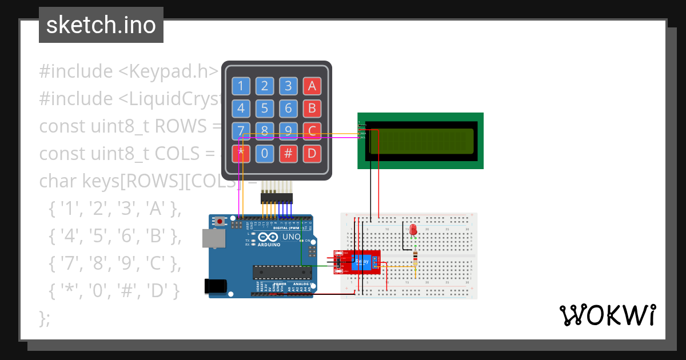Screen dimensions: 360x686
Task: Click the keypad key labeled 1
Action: [x=240, y=86]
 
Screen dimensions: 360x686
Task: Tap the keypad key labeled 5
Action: [x=264, y=109]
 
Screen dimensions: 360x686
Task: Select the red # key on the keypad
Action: [x=289, y=153]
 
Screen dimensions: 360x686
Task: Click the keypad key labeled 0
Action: [x=264, y=153]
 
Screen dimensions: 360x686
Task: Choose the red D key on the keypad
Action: [x=312, y=153]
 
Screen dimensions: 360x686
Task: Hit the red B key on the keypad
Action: [x=312, y=109]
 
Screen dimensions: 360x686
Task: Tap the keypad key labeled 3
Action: [x=289, y=86]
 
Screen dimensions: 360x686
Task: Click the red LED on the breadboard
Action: [x=413, y=230]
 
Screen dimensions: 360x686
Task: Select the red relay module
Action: [x=357, y=263]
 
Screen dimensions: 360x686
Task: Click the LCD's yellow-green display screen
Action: [x=422, y=141]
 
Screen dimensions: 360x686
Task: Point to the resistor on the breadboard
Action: [x=414, y=259]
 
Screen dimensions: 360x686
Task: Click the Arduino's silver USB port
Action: [x=213, y=239]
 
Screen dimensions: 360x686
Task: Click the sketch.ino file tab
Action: [x=101, y=25]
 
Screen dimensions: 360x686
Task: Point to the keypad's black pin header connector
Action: [x=277, y=198]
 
